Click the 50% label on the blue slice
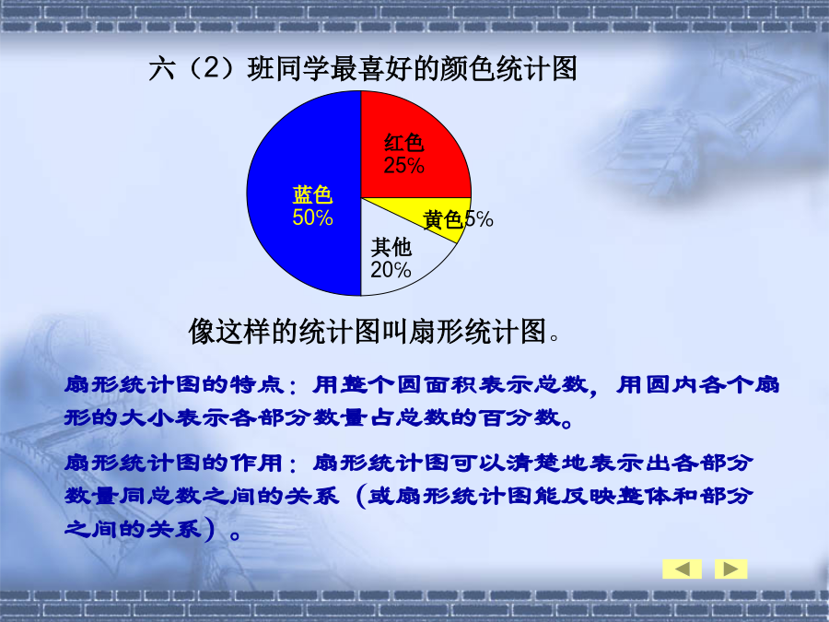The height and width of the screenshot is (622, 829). [x=312, y=217]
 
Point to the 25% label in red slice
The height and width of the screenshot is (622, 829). [x=404, y=166]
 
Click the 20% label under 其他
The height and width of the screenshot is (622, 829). [x=391, y=270]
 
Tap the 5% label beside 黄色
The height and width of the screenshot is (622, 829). [x=479, y=219]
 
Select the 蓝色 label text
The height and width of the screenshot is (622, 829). [x=312, y=195]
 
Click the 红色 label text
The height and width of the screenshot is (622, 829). [x=404, y=143]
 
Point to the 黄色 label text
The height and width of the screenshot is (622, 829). [x=443, y=219]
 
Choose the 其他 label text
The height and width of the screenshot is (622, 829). [x=391, y=247]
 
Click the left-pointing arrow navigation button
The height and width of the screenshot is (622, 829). [x=682, y=569]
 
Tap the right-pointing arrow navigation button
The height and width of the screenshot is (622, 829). [x=730, y=569]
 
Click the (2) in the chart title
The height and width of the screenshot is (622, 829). [x=210, y=69]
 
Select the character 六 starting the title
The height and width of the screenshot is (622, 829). [x=162, y=69]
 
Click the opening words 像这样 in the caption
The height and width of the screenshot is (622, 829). [x=229, y=332]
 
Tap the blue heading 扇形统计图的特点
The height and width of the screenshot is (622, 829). [x=174, y=384]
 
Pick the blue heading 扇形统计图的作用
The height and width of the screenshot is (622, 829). [x=174, y=463]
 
